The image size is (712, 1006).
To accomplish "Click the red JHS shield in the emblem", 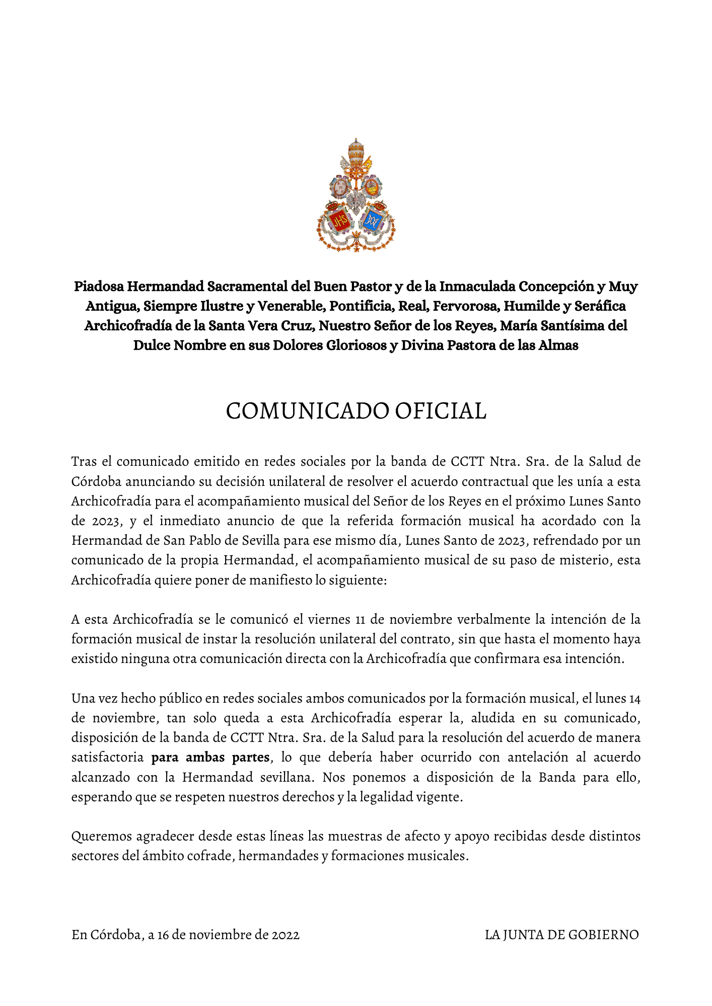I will point(338,220).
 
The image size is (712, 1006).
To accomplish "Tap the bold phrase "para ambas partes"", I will point(210,757).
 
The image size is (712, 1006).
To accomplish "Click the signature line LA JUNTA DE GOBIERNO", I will point(561,935).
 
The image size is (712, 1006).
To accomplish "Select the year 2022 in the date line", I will point(286,935).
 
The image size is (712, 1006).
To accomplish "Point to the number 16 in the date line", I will point(164,935).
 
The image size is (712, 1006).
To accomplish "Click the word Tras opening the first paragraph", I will point(84,461).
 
